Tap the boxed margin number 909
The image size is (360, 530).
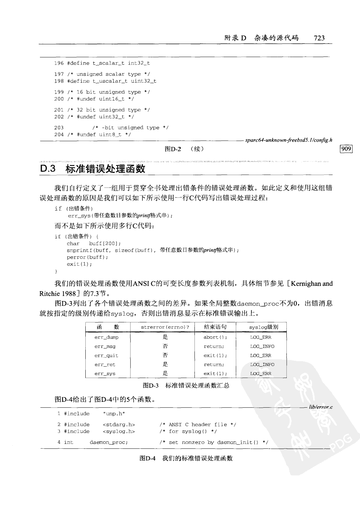pos(346,149)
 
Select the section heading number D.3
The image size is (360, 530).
pos(48,169)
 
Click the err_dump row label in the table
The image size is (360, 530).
pos(106,337)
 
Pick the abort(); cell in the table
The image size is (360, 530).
pos(215,337)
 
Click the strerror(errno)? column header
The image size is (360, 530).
pos(165,327)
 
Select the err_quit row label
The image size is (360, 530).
pos(106,356)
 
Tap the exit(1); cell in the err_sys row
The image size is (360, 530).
pos(215,374)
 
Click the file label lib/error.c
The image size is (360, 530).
pos(321,407)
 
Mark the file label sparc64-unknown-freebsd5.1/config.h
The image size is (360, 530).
pos(289,140)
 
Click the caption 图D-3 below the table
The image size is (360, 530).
pos(150,386)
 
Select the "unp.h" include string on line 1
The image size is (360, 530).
pos(115,414)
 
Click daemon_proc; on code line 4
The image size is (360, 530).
pos(109,442)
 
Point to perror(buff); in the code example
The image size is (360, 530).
pos(82,257)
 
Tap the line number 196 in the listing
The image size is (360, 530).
pos(59,63)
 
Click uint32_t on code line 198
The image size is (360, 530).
pos(144,81)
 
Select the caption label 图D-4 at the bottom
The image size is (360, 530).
pos(148,458)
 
